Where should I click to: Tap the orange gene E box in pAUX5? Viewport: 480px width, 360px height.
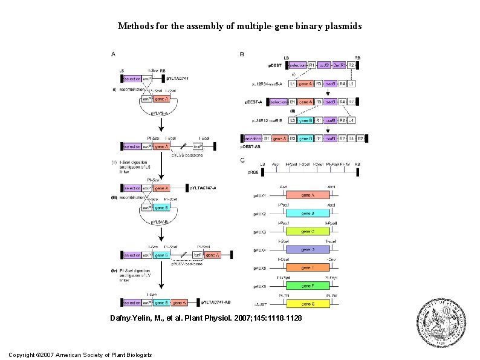[307, 267]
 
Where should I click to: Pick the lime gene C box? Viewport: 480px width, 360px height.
[307, 231]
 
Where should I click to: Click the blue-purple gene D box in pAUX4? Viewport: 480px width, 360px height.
[307, 249]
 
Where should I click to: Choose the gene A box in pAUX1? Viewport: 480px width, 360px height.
[307, 195]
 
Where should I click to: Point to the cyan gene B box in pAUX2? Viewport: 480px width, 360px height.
[307, 214]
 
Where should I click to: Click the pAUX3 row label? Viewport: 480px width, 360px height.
[260, 232]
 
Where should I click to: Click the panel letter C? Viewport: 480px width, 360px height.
[242, 160]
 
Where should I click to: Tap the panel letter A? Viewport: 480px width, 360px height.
[113, 54]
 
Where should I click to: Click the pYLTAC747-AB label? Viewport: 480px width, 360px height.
[215, 301]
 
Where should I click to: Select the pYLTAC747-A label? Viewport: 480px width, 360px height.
[204, 188]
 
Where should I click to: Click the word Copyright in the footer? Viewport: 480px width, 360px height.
[22, 354]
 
